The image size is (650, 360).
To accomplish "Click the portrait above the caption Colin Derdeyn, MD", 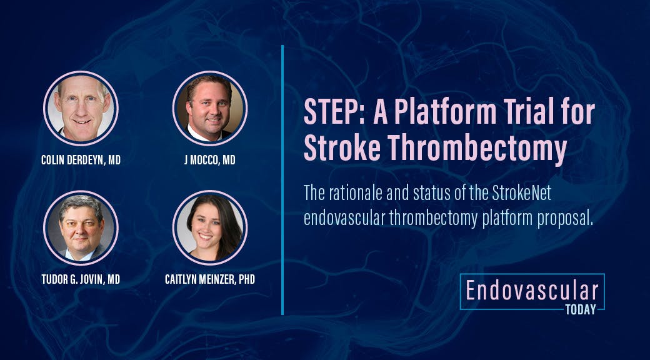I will [81, 108].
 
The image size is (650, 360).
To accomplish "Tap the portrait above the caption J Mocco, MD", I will [210, 108].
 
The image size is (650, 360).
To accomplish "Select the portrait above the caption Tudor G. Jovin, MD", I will [81, 227].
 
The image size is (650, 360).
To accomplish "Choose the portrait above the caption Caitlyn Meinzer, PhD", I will [210, 227].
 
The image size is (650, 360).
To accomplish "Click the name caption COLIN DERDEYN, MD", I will [81, 160].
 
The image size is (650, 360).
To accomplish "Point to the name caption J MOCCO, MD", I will [210, 160].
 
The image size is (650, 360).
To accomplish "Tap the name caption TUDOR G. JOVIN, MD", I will [81, 279].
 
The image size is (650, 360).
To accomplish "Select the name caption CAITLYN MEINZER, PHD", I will [210, 279].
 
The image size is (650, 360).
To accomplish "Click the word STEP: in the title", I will [334, 112].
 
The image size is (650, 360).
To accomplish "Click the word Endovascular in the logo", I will [532, 291].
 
